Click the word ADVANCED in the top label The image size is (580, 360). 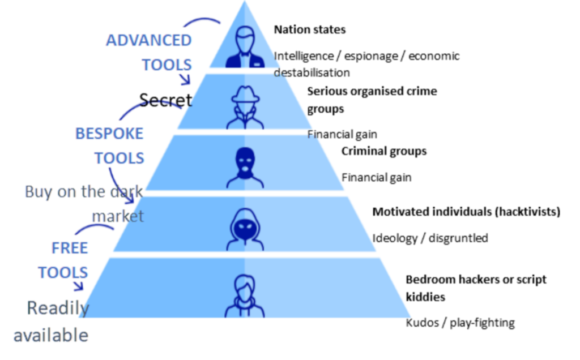point(149,40)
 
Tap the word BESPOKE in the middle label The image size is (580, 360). point(109,134)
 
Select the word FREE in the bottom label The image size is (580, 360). point(70,248)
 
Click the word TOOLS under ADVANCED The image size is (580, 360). point(167,65)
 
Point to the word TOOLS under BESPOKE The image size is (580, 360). point(119,157)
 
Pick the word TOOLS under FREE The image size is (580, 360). point(63,272)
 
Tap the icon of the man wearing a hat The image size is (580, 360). point(245,108)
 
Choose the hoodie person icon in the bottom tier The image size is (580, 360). point(245,296)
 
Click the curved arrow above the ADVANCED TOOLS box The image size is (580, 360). point(202,20)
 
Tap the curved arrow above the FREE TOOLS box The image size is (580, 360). point(94,227)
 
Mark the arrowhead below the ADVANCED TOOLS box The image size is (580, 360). point(185,82)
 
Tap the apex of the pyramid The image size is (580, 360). point(245,2)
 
